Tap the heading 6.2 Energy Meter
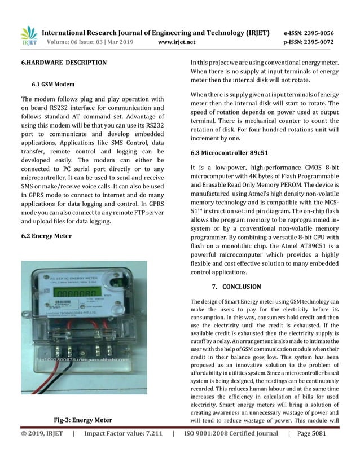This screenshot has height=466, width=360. point(46,235)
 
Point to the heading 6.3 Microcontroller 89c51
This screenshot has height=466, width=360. point(229,152)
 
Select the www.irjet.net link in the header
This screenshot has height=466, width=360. point(177,42)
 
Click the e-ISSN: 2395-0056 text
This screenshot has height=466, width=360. point(308,33)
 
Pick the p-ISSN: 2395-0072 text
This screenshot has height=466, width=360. point(308,42)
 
